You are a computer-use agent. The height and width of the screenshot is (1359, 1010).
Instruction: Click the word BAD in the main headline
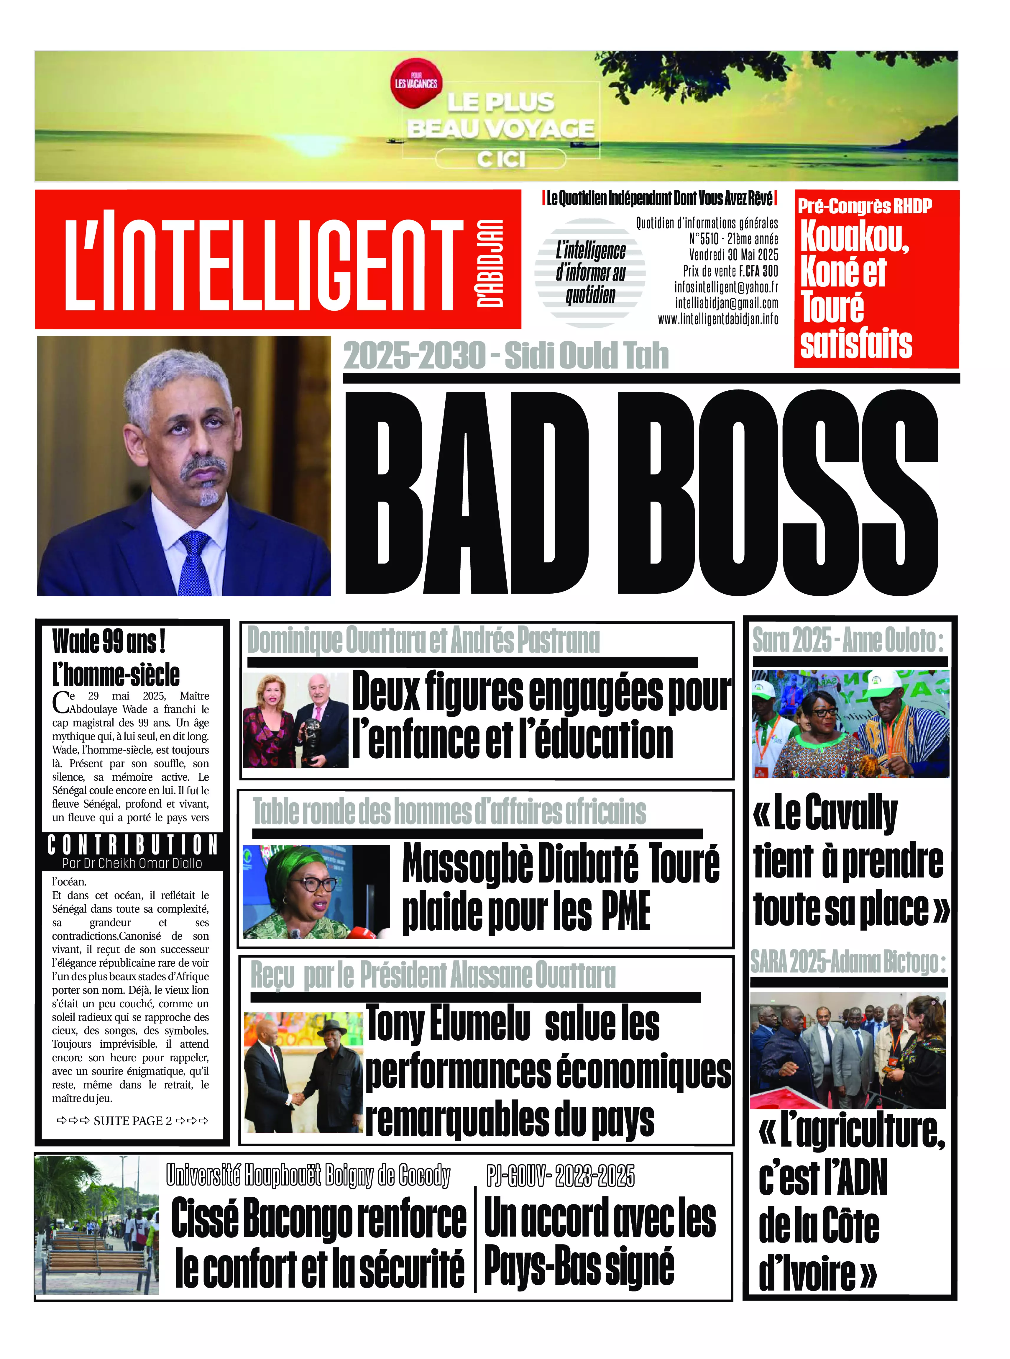click(x=468, y=492)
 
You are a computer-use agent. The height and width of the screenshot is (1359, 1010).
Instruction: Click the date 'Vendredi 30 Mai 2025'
click(x=733, y=254)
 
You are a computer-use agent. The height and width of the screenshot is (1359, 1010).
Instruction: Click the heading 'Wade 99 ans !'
click(x=109, y=641)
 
